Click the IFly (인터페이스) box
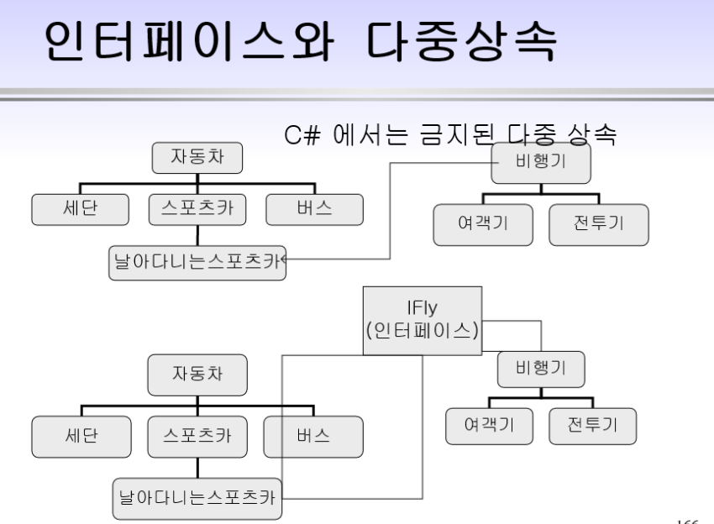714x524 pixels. pos(423,320)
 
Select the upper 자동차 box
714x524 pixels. pos(197,157)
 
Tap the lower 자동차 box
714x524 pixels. pos(197,374)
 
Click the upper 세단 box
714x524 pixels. pos(81,209)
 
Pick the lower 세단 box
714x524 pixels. pos(81,437)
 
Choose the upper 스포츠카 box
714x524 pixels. pos(197,209)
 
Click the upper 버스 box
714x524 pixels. pos(314,209)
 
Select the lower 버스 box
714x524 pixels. pos(313,437)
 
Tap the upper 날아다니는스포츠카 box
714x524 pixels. pos(197,262)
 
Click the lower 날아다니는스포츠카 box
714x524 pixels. pos(197,500)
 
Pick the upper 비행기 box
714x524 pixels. pos(540,163)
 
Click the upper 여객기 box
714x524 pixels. pos(483,224)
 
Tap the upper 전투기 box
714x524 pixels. pos(599,224)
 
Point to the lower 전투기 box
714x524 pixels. pos(592,426)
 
